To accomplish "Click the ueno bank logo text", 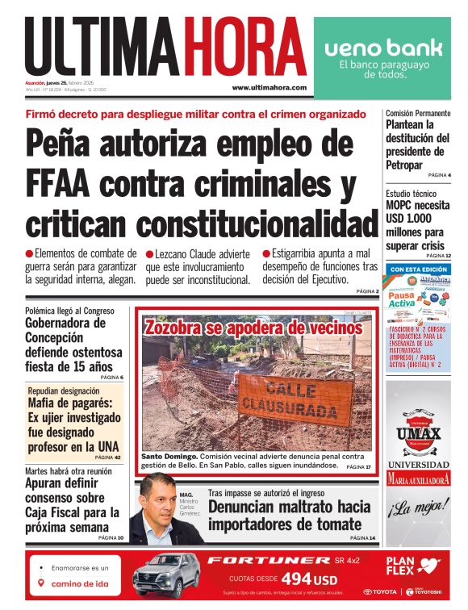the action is [x=383, y=48].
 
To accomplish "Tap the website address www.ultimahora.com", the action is [x=269, y=88].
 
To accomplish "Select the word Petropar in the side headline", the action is [x=404, y=165].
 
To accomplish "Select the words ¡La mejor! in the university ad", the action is [x=417, y=510].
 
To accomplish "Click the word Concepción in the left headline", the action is [x=61, y=340].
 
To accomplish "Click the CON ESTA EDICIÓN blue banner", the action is [x=417, y=269].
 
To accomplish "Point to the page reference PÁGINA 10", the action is [x=111, y=537].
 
